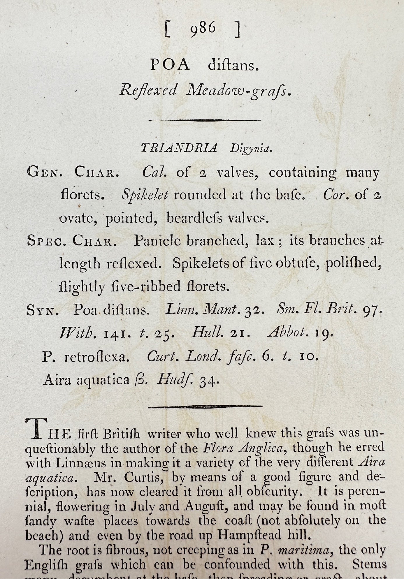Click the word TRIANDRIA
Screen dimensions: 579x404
(x=179, y=148)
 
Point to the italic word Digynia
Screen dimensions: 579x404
(x=251, y=149)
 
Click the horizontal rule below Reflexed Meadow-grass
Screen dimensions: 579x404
(x=205, y=120)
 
